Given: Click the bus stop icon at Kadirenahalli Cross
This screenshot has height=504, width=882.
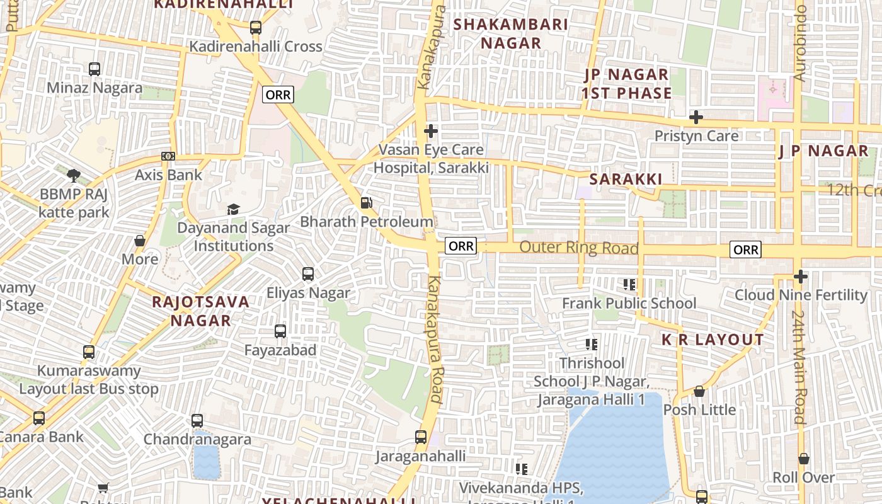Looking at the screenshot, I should coord(255,28).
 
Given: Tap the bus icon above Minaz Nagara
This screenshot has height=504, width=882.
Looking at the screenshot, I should coord(94,69).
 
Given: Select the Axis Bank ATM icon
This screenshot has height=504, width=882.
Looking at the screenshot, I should coord(168,156).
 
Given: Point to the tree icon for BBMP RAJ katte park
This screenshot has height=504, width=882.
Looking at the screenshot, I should coord(74,175).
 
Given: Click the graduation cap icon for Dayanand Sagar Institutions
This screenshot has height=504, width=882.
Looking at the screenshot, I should coord(233,209).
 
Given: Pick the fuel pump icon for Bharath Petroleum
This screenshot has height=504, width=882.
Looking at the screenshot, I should coord(366,203).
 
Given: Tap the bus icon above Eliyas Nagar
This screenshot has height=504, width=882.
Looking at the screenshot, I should coord(307,274).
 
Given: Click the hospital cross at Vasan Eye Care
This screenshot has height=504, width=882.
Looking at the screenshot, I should coord(431,131).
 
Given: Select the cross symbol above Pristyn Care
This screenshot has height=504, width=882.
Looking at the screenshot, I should coord(696,117).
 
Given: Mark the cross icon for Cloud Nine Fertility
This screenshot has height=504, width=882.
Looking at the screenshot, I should coord(800,276).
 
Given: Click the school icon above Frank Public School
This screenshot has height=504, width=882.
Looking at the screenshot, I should coord(629,285).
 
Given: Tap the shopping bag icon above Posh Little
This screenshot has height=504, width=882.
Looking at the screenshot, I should coord(699,391).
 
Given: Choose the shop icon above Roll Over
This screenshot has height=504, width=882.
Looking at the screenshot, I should coord(803,459).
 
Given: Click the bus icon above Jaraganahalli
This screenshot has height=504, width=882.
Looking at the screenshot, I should coord(420,437).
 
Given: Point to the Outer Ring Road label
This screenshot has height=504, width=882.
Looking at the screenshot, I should coord(578,248).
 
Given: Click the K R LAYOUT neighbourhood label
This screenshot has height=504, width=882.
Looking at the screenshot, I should coord(712,340).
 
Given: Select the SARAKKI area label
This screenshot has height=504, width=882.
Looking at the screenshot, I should coord(626,180).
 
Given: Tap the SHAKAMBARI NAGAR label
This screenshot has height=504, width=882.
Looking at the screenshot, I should coord(511,34).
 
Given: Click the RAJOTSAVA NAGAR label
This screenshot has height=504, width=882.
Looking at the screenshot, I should coord(200,311).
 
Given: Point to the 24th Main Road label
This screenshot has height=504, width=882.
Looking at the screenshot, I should coord(798,367).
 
